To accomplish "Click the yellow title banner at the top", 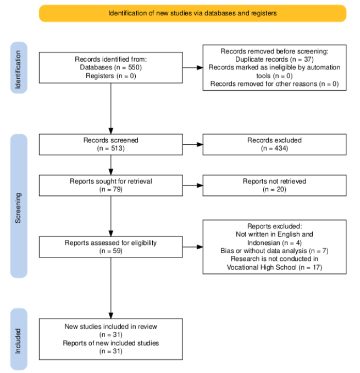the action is (192, 13).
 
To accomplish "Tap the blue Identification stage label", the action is (19, 68).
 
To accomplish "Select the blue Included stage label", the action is (19, 339).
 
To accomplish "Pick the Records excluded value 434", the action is (280, 148).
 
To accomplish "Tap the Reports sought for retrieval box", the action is (111, 185).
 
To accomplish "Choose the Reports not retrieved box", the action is (274, 185).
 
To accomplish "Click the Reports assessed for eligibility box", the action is (111, 247).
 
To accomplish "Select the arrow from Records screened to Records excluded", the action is (193, 144).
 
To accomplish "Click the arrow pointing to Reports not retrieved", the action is (193, 185).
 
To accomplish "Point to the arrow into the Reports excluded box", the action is (193, 247).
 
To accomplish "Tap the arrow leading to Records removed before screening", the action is (193, 68).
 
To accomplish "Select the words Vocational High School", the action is (262, 267).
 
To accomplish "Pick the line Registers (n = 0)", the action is (110, 76).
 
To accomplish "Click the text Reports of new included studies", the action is (110, 343).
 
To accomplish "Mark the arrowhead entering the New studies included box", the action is (111, 316).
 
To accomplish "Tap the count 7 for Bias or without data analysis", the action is (324, 251).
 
